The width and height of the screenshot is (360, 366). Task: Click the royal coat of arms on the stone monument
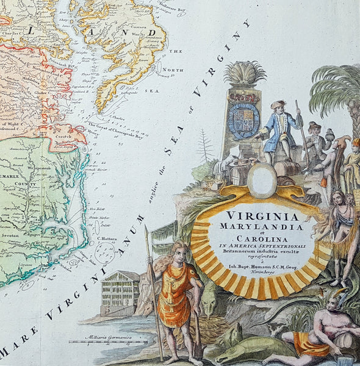click(243, 120)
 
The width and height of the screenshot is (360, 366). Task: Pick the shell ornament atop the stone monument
click(245, 74)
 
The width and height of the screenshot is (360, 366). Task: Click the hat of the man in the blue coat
click(278, 104)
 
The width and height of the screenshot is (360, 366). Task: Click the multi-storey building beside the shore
click(120, 293)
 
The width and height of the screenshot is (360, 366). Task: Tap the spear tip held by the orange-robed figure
click(145, 231)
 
